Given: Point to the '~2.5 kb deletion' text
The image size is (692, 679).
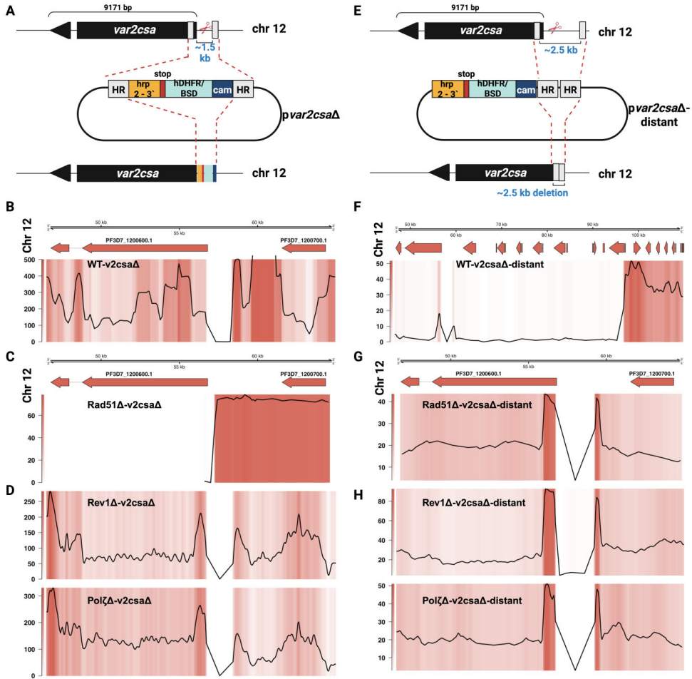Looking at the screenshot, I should [x=533, y=193].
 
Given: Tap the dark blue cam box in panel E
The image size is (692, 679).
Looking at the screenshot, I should [x=526, y=89].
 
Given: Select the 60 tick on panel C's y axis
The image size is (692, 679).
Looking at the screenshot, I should [x=33, y=415].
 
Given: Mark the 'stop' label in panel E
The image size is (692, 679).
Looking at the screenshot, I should [x=467, y=73].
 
